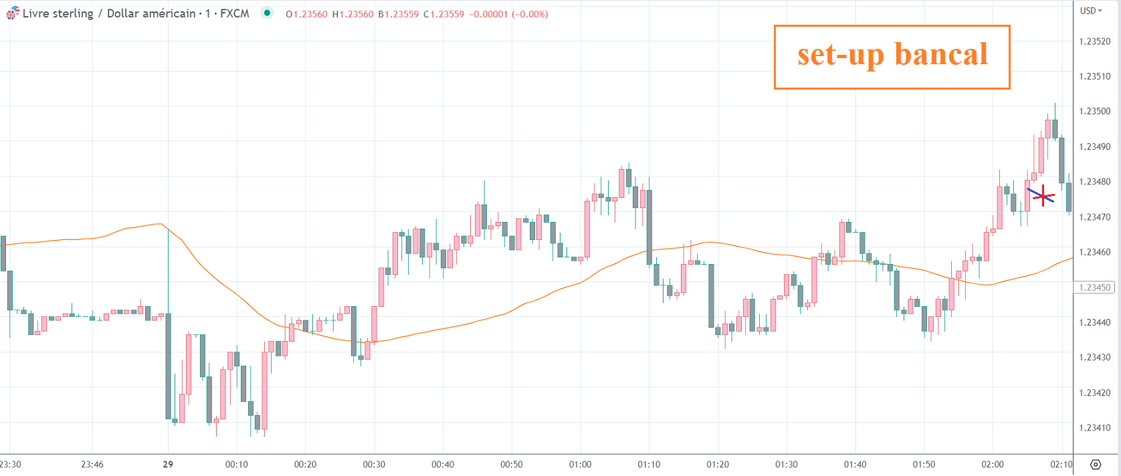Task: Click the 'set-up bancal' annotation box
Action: coord(892,57)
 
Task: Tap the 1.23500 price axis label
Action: coord(1094,111)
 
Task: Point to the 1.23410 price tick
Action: coord(1094,428)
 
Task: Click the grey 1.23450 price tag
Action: coord(1094,287)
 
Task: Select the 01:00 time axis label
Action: coord(580,465)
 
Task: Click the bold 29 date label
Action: coord(168,465)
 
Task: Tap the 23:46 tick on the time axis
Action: coord(92,465)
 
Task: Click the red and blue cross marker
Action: coord(1042,196)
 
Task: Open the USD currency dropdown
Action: coord(1091,11)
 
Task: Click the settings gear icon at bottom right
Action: coord(1096,465)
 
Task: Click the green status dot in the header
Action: coord(267,13)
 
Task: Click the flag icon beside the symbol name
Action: coord(13,13)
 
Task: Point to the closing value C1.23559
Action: coord(443,14)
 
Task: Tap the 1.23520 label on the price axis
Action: coord(1094,41)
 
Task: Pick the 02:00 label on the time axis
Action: coord(993,465)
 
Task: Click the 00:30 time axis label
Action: coord(374,465)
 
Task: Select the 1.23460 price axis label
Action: coord(1094,252)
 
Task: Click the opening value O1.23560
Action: coord(306,14)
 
